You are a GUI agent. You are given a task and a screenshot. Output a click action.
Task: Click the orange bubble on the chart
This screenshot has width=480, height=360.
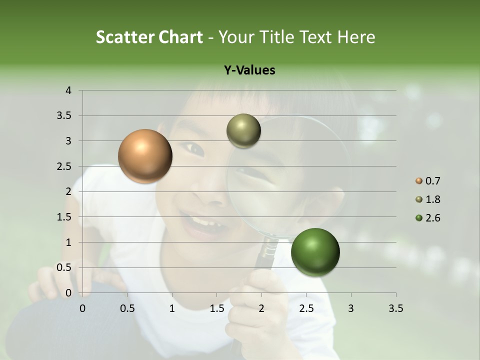pyautogui.click(x=145, y=156)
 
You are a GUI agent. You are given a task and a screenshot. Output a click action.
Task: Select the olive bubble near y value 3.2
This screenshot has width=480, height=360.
pyautogui.click(x=243, y=131)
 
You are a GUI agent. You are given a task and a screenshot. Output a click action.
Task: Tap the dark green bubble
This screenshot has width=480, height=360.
pyautogui.click(x=315, y=252)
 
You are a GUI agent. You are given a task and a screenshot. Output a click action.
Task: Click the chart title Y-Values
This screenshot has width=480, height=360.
pyautogui.click(x=249, y=70)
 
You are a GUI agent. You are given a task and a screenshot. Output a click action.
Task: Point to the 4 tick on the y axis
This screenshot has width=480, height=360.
pyautogui.click(x=68, y=90)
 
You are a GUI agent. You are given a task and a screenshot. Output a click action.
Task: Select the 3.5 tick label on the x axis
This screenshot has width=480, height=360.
pyautogui.click(x=395, y=308)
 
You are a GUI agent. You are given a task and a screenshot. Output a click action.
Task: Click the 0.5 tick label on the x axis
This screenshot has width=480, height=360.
pyautogui.click(x=127, y=308)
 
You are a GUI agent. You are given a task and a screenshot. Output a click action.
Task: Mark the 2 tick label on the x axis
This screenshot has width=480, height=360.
pyautogui.click(x=261, y=308)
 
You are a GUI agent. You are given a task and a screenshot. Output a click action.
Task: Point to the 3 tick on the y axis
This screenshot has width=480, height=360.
pyautogui.click(x=68, y=141)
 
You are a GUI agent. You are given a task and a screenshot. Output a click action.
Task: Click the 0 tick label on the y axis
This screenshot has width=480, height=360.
pyautogui.click(x=68, y=293)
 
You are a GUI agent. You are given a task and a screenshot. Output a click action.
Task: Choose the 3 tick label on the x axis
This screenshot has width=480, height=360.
pyautogui.click(x=351, y=308)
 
